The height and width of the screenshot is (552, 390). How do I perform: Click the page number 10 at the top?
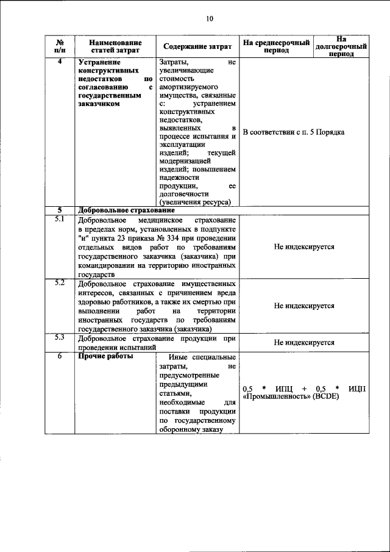click(209, 18)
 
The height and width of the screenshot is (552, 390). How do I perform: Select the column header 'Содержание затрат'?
click(197, 47)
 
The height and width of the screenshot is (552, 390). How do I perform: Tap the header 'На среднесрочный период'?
click(276, 47)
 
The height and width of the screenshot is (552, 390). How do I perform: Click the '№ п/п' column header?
click(60, 47)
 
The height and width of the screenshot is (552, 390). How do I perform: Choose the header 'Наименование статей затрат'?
click(115, 47)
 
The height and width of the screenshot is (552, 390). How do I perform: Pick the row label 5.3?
click(60, 337)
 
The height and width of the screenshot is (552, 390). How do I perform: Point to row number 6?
click(60, 356)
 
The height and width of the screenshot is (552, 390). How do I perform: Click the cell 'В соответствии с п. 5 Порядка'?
click(294, 132)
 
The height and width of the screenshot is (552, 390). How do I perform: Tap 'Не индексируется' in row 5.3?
click(304, 342)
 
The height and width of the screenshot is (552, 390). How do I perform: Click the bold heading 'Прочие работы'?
click(105, 356)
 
